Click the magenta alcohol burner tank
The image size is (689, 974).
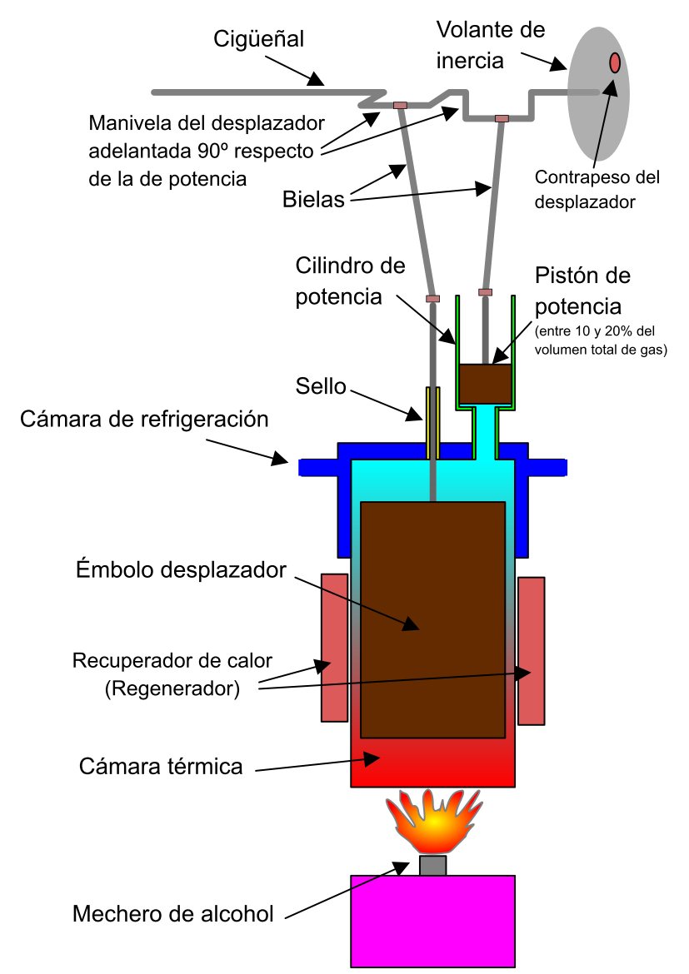[432, 921]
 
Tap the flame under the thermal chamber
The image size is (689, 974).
[432, 824]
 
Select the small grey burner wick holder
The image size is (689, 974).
[432, 866]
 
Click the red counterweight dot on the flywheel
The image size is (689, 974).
[615, 62]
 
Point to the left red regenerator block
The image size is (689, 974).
[334, 648]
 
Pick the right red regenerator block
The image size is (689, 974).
[531, 650]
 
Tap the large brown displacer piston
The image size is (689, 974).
[432, 619]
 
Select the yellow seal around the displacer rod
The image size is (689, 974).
[432, 421]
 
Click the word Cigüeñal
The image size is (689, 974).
[259, 38]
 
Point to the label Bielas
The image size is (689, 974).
[312, 199]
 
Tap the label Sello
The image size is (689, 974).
[320, 386]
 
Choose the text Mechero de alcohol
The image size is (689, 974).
[173, 914]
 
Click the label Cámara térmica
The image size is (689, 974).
[161, 766]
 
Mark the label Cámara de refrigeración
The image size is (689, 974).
[144, 419]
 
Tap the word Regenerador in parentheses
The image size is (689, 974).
[172, 688]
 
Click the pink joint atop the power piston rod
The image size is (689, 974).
[486, 291]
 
